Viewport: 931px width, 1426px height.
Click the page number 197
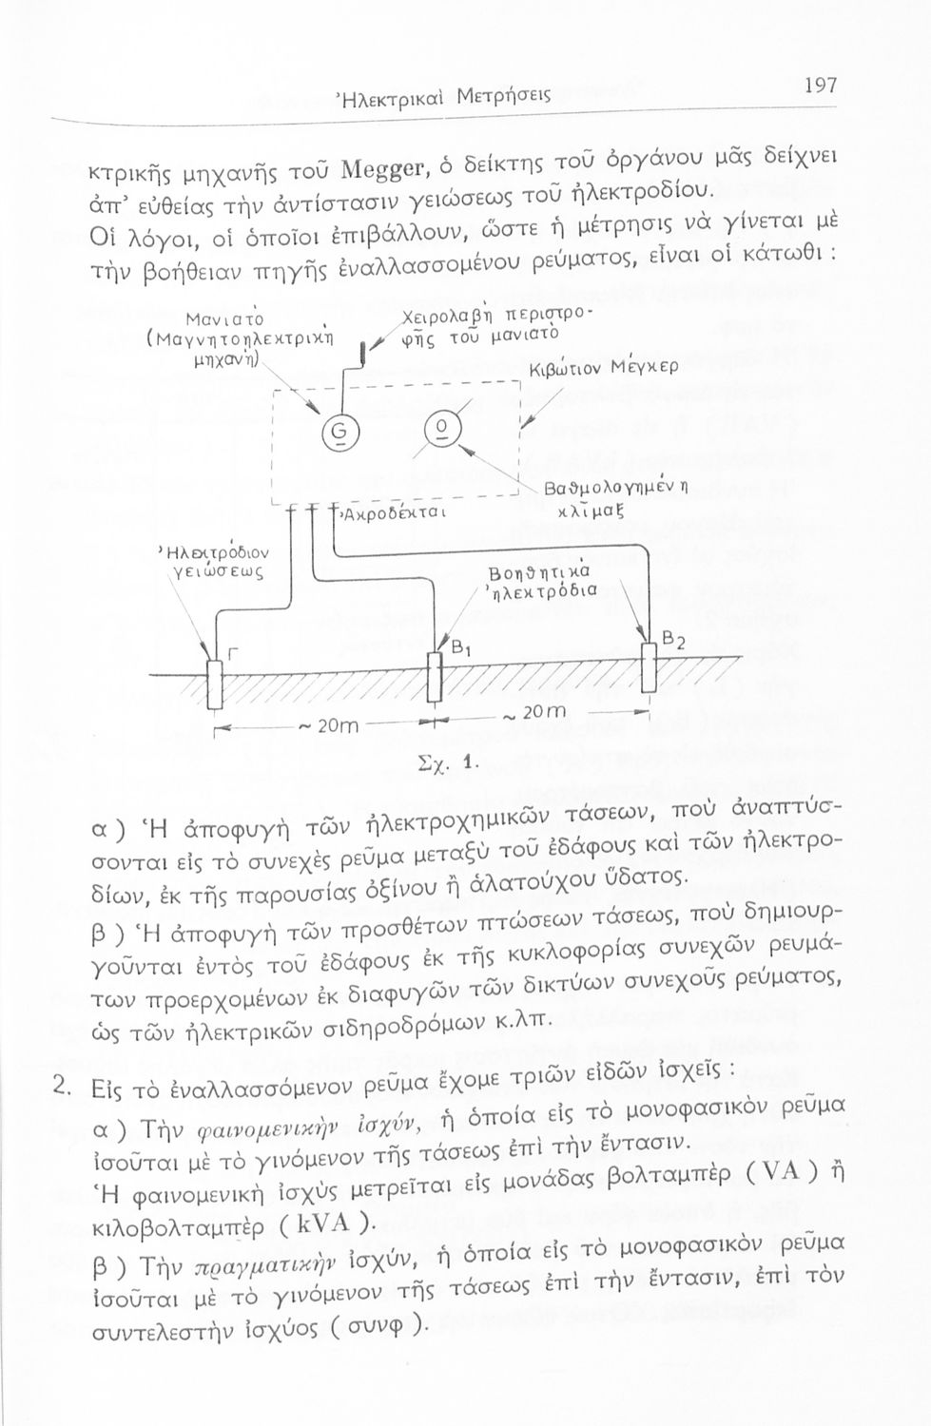819,87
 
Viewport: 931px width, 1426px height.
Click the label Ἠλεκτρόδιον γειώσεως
214,560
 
